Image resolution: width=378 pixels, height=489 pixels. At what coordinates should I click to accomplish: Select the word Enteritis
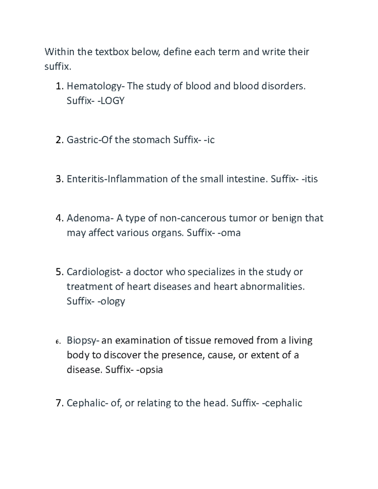87,179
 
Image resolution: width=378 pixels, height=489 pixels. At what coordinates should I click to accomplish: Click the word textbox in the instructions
112,52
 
